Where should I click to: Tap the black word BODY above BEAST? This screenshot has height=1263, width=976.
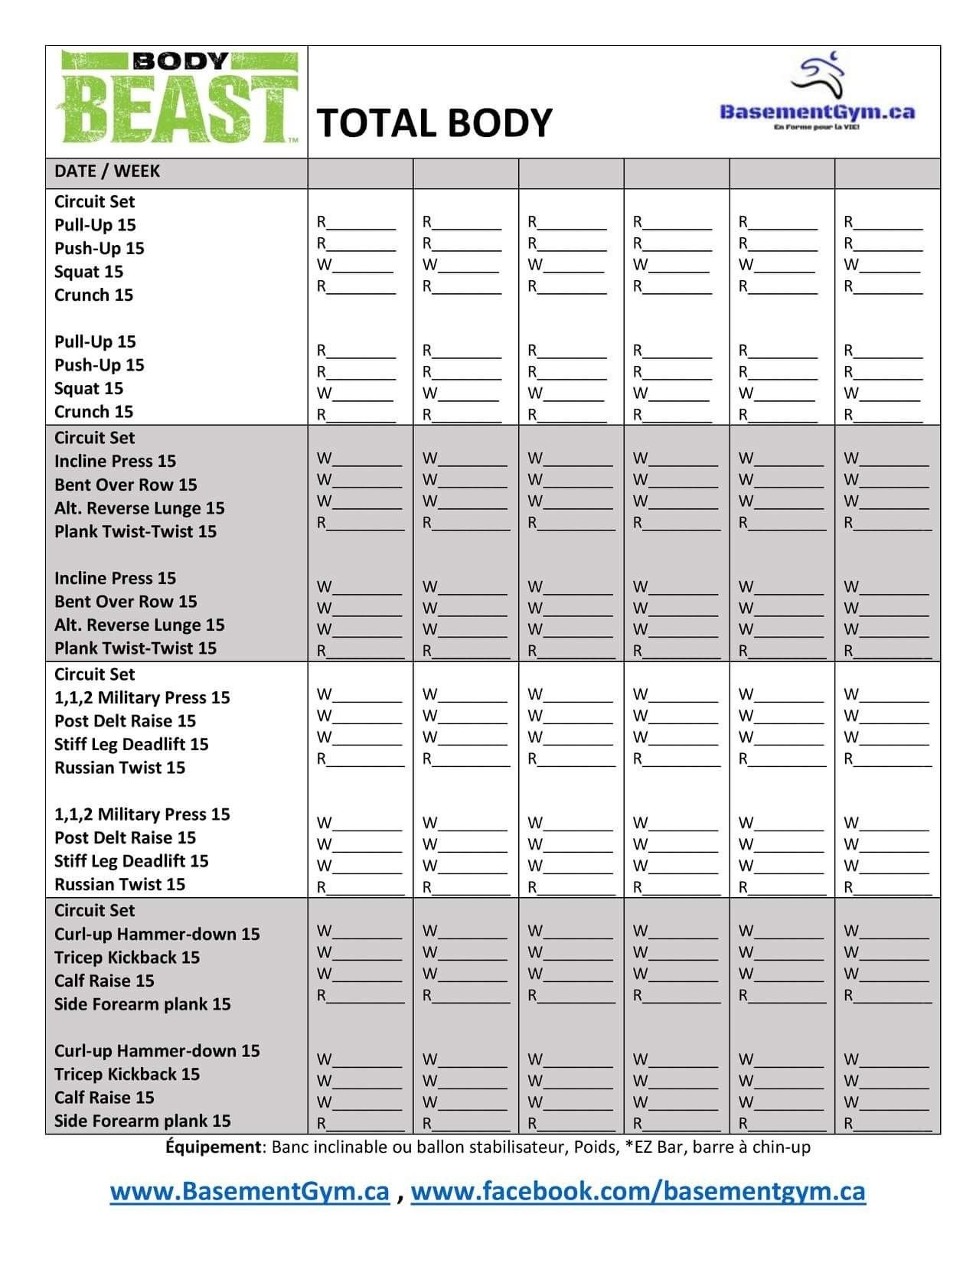(x=181, y=61)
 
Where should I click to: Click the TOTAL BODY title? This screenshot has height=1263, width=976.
(x=434, y=122)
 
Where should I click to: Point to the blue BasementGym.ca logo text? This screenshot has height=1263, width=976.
(x=817, y=112)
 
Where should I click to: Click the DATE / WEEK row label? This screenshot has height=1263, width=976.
(x=107, y=171)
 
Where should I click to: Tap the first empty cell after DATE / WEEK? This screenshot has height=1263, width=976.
(x=360, y=173)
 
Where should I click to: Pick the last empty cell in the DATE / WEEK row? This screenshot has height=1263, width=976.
(x=886, y=173)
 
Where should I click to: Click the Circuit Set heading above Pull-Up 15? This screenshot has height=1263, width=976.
(x=94, y=202)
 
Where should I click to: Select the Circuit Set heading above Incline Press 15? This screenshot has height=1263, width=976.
(x=94, y=438)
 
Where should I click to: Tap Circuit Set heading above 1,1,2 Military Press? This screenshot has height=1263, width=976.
(x=94, y=674)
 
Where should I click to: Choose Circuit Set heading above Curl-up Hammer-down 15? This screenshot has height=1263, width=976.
(x=94, y=911)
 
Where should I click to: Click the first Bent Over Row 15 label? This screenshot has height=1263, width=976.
(x=126, y=485)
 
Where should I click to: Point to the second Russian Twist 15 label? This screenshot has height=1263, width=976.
(x=119, y=885)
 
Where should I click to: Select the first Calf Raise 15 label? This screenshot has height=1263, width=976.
(x=104, y=981)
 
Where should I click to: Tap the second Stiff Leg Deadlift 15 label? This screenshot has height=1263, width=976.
(x=131, y=861)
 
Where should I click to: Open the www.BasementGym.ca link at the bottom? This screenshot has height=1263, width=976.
(x=250, y=1192)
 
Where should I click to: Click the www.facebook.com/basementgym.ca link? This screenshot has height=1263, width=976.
(x=638, y=1192)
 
